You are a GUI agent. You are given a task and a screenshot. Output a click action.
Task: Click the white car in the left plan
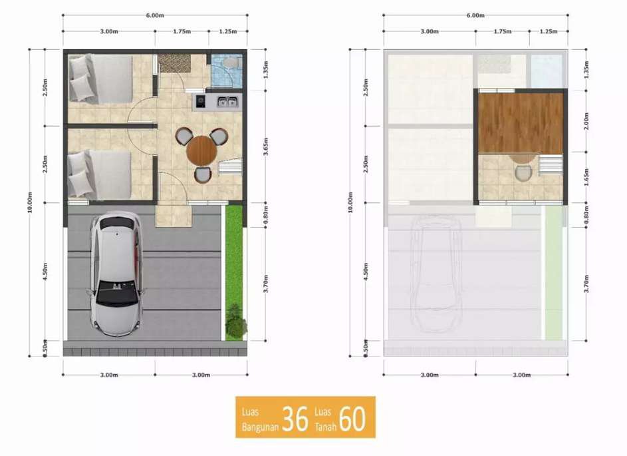(x=116, y=274)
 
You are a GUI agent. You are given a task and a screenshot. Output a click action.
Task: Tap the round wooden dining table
(x=202, y=151)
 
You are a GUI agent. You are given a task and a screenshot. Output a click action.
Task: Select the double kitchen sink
(x=227, y=102)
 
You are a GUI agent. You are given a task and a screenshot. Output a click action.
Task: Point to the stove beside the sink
(x=200, y=102)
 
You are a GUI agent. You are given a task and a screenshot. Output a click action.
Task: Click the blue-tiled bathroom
(x=226, y=71)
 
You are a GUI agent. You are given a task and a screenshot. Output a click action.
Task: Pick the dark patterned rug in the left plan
(x=174, y=63)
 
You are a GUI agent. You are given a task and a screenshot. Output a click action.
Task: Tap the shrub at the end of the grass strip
(x=235, y=321)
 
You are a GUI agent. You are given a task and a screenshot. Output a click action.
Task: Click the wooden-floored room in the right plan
(x=521, y=123)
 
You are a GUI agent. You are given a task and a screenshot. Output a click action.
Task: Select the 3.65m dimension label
(x=266, y=146)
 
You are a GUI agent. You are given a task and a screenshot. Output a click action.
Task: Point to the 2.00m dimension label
(x=586, y=121)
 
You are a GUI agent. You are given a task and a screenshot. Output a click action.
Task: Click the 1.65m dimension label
(x=586, y=177)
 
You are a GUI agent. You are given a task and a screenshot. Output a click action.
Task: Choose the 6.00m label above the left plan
(x=155, y=15)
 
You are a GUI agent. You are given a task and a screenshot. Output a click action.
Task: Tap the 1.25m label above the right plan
(x=549, y=31)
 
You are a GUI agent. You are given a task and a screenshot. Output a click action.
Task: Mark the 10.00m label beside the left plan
(x=30, y=202)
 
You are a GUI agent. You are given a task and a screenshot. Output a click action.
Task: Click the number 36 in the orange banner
(x=295, y=419)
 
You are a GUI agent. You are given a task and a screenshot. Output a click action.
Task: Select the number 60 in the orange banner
(x=352, y=419)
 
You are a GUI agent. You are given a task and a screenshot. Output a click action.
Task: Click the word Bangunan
(x=260, y=427)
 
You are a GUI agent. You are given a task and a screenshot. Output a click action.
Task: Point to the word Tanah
(x=325, y=427)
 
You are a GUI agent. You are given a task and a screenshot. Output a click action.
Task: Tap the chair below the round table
(x=203, y=174)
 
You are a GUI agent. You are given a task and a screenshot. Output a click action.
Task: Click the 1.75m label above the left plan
(x=182, y=31)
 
